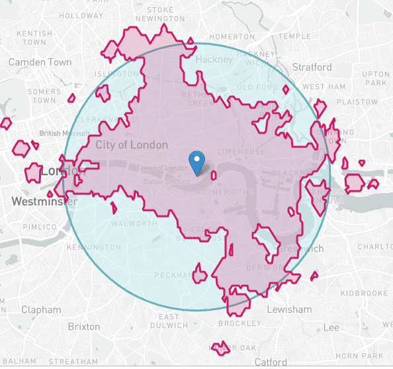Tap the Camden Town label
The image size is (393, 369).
[40, 62]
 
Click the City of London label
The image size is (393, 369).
[132, 145]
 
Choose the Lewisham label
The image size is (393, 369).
[288, 309]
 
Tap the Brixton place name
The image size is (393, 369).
[84, 327]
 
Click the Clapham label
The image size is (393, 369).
[40, 309]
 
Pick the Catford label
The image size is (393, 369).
[271, 362]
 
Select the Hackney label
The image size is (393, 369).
[215, 60]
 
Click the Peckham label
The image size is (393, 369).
[172, 274]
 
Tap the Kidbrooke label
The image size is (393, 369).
[358, 292]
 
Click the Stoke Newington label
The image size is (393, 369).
[160, 14]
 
